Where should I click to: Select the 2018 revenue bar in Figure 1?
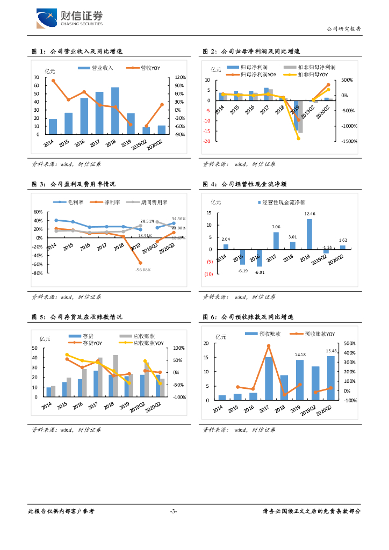coord(115,111)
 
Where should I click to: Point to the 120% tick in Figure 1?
coord(179,77)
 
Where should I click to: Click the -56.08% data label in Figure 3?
coord(143,269)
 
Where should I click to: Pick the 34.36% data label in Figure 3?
coord(178,219)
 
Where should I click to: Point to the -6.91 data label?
coord(260,273)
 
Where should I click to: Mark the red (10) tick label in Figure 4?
coord(208,274)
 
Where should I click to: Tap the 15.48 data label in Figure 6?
coord(331,351)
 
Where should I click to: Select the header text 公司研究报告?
coord(344,29)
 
